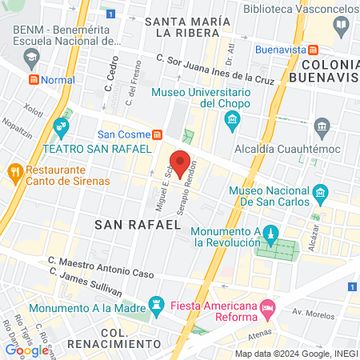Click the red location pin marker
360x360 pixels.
click(x=180, y=162)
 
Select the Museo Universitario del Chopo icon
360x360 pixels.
click(x=233, y=122)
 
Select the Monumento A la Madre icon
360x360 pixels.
click(x=157, y=304)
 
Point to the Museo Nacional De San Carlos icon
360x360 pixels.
click(x=321, y=193)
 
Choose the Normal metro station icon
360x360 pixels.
click(x=34, y=80)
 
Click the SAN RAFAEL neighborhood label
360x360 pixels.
click(x=138, y=225)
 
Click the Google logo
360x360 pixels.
click(x=26, y=350)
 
